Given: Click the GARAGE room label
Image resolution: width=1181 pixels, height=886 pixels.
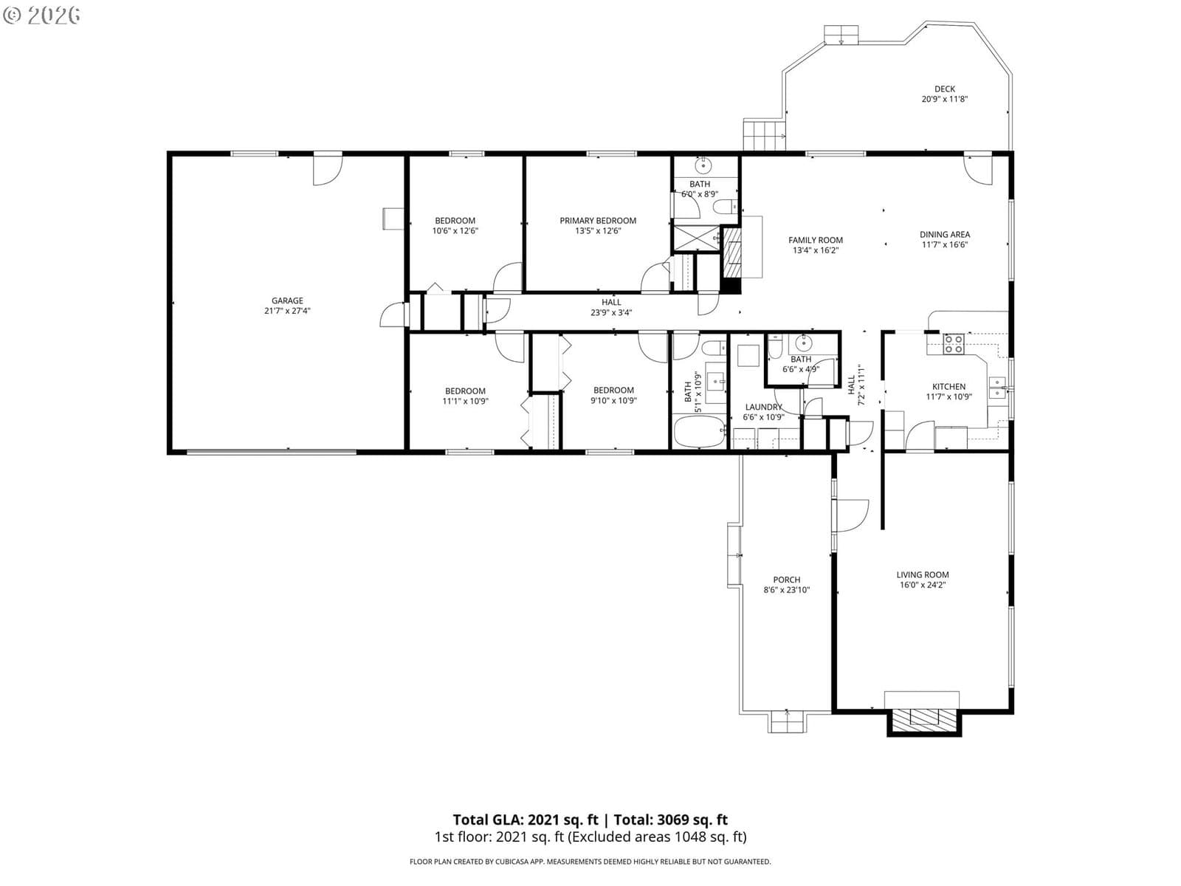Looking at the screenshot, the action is click(287, 301).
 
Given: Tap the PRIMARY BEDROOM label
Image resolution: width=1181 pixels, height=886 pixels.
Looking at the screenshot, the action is click(598, 221).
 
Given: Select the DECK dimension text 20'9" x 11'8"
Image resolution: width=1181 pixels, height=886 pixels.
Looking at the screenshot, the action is click(945, 99).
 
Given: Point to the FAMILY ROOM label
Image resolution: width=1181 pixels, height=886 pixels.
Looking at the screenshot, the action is click(816, 240).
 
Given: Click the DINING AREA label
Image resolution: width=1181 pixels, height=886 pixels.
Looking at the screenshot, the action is click(945, 235).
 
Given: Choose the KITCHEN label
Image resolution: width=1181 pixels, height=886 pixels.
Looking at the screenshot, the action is click(948, 387).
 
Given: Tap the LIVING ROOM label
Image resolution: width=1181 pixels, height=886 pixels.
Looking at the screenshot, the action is click(923, 574).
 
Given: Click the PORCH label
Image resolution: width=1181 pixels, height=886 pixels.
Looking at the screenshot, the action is click(787, 580).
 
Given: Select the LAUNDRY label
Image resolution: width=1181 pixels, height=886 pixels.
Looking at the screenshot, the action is click(763, 408).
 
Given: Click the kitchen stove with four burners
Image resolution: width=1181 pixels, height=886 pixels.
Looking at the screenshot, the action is click(954, 344).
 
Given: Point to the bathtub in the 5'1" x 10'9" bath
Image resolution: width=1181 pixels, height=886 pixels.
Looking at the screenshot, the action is click(700, 431).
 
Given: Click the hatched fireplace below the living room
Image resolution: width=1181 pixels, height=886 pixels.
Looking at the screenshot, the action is click(924, 721).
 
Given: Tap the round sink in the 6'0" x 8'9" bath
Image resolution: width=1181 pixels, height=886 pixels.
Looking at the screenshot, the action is click(703, 165).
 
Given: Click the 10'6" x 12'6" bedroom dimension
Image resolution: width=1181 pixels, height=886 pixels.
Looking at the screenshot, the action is click(455, 231).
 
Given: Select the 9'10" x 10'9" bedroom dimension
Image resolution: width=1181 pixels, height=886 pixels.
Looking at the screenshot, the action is click(613, 401).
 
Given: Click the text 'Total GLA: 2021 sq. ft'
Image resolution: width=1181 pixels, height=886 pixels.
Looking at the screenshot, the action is click(525, 820).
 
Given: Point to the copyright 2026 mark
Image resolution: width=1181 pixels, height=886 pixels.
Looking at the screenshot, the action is click(41, 15).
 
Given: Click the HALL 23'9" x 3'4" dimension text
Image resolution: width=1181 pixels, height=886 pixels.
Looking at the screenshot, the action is click(611, 312).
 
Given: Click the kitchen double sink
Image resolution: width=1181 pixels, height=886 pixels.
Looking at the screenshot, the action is click(997, 388).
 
